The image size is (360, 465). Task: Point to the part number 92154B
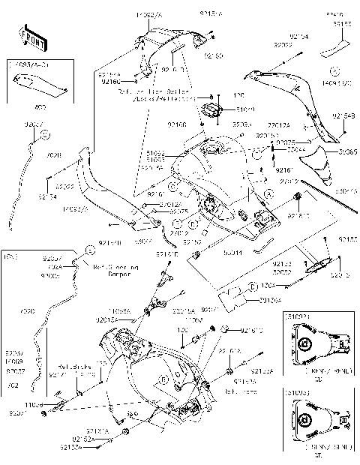(343, 115)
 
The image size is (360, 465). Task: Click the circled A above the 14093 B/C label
(331, 73)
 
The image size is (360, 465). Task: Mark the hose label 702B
(54, 155)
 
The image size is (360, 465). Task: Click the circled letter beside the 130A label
(253, 286)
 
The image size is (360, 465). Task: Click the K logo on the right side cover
(301, 88)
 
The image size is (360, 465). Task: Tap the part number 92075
(178, 212)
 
